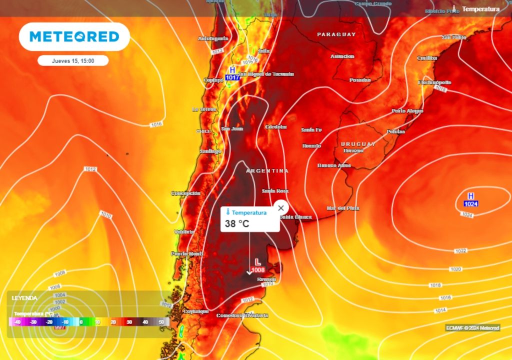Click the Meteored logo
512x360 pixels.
pos(74,36)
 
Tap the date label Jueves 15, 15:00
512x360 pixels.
pos(73,60)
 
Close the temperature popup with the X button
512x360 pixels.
pos(281,207)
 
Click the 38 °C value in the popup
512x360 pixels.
pos(237,223)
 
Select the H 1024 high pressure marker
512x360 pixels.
pos(470,200)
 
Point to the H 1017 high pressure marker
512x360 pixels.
pos(232,73)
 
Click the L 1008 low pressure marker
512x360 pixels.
pos(258,265)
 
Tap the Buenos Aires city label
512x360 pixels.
pos(334,165)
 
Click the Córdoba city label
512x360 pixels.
pos(276,127)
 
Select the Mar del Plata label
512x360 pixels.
pos(343,208)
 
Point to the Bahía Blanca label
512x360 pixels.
pos(295,217)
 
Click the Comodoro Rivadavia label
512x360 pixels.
pos(242,315)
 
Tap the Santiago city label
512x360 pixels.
pos(210,151)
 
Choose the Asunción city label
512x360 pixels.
pos(342,56)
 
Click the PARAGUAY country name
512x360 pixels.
pos(336,34)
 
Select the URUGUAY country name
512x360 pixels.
pos(358,144)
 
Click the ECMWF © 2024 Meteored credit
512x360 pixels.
pos(472,328)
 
